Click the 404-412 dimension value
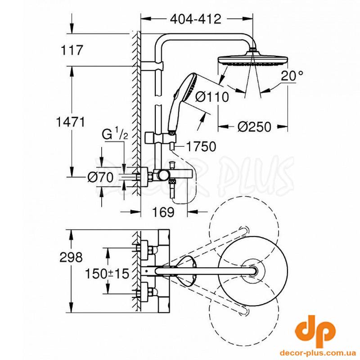196,19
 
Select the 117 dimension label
72,50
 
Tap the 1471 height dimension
71,122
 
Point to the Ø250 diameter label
254,127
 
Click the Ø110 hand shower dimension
212,97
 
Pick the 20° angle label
292,76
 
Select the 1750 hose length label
201,147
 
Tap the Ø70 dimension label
100,177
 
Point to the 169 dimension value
163,212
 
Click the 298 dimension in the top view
71,257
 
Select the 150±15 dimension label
107,274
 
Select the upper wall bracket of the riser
152,66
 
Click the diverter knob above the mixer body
171,165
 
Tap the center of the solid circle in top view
253,271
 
